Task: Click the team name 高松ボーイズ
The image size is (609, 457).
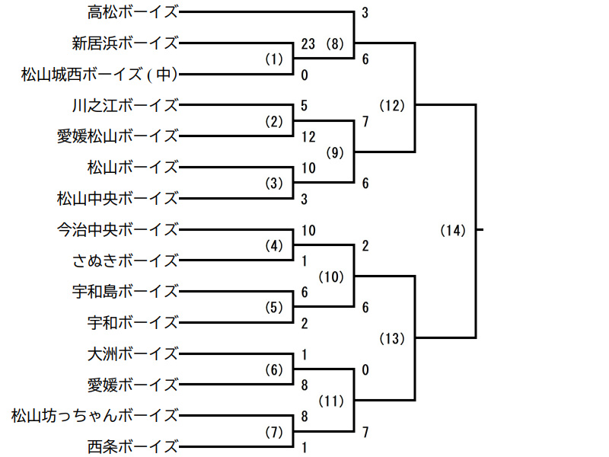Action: coord(132,12)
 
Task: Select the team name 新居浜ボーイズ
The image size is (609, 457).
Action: coord(125,43)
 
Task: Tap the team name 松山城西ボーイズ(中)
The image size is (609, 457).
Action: coord(99,74)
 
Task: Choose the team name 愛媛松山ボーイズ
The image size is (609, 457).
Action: coord(117,136)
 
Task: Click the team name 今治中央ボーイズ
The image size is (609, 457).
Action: coord(117,229)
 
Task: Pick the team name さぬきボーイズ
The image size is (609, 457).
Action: coord(125,260)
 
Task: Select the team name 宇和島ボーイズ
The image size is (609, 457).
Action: coord(125,292)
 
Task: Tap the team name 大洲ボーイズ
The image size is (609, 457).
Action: coord(132,353)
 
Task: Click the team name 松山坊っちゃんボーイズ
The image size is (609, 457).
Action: coord(95,416)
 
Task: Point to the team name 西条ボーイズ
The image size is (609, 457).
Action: coord(132,446)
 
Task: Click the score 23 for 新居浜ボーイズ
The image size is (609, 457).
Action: coord(308,43)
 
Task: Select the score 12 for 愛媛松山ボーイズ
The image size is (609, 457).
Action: coord(308,137)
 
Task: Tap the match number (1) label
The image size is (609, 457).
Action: coord(273,59)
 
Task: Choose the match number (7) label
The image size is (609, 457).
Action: coord(273,432)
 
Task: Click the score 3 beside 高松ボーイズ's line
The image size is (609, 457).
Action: coord(365,13)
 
